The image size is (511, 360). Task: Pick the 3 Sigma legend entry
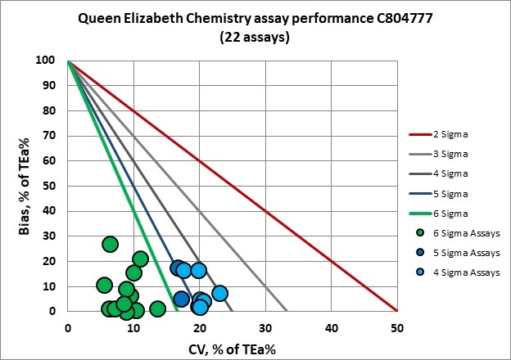click(x=454, y=154)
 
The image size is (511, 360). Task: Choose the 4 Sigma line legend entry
click(x=454, y=173)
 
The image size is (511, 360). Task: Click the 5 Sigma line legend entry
click(x=454, y=193)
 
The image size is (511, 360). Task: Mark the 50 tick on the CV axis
click(x=396, y=325)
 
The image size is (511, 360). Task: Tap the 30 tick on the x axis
click(x=265, y=325)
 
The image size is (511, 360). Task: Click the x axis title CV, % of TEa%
click(x=232, y=344)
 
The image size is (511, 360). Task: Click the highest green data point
click(x=110, y=244)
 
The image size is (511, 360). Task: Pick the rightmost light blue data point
click(x=219, y=293)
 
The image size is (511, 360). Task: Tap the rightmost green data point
click(x=157, y=308)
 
